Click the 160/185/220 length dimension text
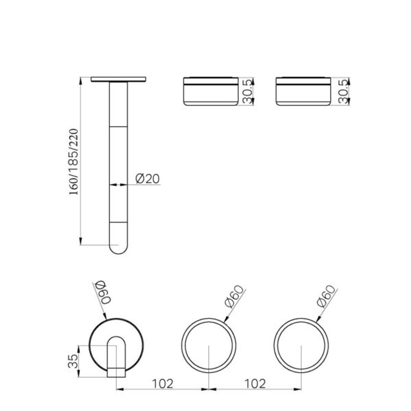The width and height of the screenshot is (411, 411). tap(74, 162)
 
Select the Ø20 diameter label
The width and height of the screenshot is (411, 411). tap(148, 179)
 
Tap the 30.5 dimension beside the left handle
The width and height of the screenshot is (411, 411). tap(248, 91)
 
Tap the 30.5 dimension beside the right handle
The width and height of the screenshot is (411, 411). tap(344, 91)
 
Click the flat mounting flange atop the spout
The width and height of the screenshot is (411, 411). tap(118, 79)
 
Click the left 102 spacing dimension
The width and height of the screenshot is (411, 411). tap(163, 383)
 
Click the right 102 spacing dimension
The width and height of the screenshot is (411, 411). tap(255, 383)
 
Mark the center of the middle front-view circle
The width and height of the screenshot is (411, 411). tap(209, 346)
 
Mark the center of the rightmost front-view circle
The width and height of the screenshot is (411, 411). tap(301, 346)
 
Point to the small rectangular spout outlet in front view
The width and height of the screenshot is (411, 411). tap(116, 372)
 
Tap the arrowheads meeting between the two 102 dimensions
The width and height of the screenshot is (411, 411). tap(209, 389)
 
